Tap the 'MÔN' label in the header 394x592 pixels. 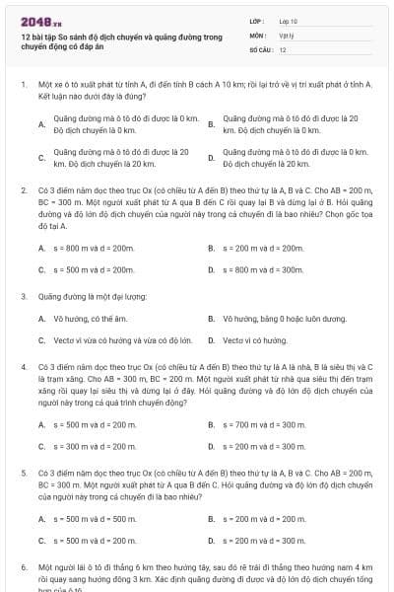pyautogui.click(x=257, y=34)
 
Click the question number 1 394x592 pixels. pyautogui.click(x=23, y=86)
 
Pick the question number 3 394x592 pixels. pyautogui.click(x=23, y=295)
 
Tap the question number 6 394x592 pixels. pyautogui.click(x=23, y=568)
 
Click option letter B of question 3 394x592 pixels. pyautogui.click(x=212, y=319)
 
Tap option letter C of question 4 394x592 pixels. pyautogui.click(x=41, y=446)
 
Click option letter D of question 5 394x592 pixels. pyautogui.click(x=212, y=540)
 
